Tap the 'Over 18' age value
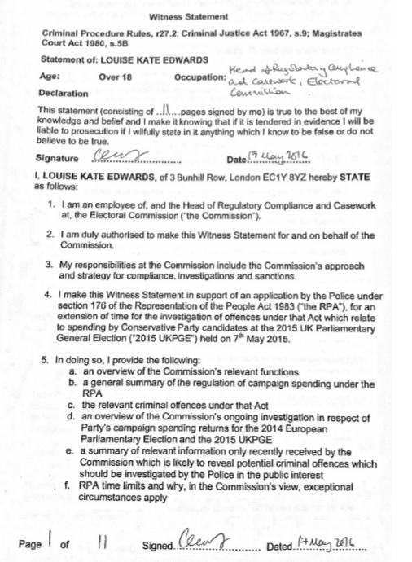pyautogui.click(x=115, y=76)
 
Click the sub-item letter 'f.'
pyautogui.click(x=68, y=486)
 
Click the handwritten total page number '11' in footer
pyautogui.click(x=102, y=539)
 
